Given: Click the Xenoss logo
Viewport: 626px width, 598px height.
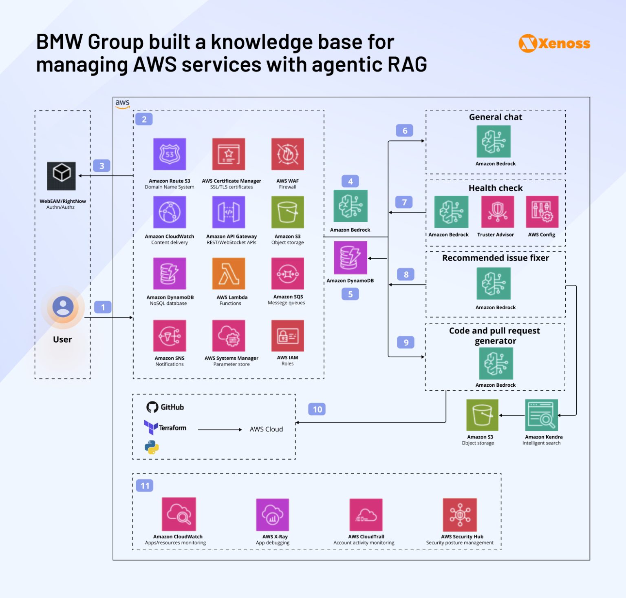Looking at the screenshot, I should pos(554,43).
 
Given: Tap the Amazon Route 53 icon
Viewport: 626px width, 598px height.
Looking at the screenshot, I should pos(170,154).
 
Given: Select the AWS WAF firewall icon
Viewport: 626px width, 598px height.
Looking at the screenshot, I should pos(287,154).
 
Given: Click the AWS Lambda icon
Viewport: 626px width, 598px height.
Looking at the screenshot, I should pos(229,273).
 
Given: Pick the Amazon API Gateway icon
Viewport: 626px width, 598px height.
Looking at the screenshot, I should pos(229,212).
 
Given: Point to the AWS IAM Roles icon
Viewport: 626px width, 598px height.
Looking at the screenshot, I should pos(287,336).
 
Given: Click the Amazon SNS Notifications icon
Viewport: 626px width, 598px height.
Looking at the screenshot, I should pos(170,336).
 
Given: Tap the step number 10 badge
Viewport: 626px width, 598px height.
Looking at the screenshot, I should pos(317,409).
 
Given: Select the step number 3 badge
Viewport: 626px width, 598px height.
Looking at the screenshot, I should pos(102,166).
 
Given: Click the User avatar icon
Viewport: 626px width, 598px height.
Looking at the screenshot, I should pos(63,307).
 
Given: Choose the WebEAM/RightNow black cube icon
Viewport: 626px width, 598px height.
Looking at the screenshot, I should pos(62,176).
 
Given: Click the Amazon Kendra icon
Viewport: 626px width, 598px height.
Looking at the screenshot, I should pos(541,415).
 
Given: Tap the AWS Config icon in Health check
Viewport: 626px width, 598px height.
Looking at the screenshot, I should pos(542,212).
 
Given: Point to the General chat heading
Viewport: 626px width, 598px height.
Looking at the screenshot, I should pos(495,117).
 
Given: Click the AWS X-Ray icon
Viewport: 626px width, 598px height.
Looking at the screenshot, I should pos(272,515).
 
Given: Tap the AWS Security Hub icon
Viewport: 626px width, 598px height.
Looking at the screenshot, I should pos(460,515).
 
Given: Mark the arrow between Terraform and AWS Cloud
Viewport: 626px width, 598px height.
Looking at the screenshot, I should pos(220,430).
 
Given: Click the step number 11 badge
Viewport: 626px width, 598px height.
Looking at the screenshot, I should pos(145,485).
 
